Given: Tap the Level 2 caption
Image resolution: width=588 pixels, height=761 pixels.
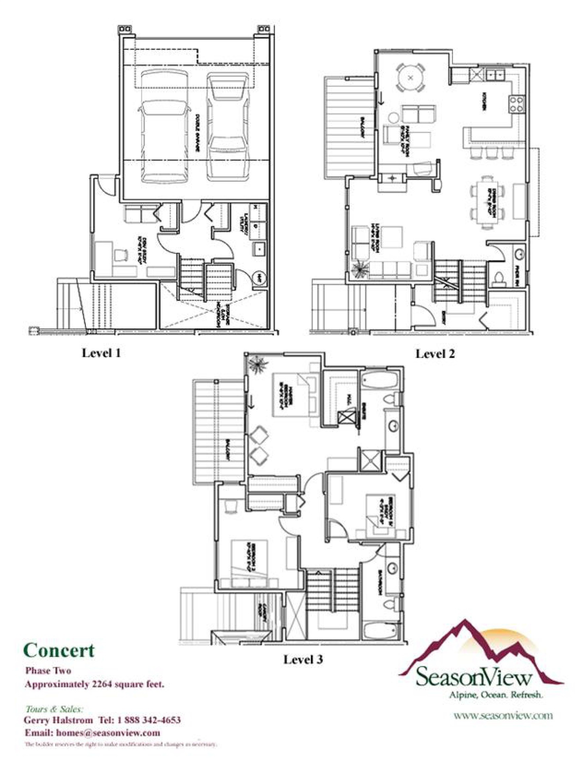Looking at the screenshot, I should [x=435, y=354].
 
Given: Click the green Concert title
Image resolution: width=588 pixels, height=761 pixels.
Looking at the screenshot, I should [x=59, y=651].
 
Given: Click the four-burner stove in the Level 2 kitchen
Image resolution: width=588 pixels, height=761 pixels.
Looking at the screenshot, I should [x=517, y=104].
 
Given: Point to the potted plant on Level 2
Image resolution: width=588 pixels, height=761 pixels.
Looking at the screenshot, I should [x=360, y=269].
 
